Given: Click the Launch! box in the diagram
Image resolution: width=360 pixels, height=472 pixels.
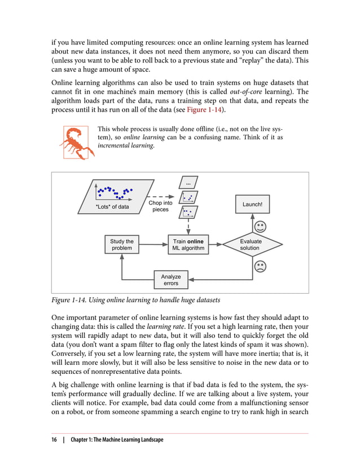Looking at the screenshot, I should click(252, 204).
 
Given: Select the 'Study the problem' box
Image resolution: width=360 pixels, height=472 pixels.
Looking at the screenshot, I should click(122, 245).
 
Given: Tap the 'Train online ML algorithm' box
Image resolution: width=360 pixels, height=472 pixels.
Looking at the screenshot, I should click(188, 245).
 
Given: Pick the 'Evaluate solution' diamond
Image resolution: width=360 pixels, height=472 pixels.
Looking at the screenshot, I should click(250, 245).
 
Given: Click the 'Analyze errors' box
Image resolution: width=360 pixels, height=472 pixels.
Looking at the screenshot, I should click(171, 280).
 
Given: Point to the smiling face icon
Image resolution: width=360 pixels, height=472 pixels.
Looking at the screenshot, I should click(260, 227).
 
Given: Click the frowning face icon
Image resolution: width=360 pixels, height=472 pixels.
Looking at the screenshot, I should click(260, 266).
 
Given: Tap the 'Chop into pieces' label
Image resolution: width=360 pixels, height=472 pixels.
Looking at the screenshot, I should click(160, 206).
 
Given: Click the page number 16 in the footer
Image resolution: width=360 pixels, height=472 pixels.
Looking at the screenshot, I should click(55, 439).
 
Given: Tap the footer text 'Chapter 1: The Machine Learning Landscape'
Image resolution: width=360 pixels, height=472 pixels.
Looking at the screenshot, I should click(118, 439).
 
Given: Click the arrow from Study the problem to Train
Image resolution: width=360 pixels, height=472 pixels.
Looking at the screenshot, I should click(153, 245).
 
